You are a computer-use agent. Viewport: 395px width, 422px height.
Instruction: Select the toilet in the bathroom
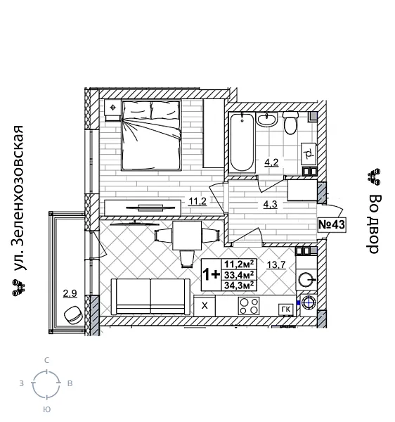(290, 124)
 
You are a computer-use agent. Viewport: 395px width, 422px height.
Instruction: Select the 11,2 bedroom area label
(197, 202)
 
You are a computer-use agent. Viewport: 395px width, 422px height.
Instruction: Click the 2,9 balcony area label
(69, 293)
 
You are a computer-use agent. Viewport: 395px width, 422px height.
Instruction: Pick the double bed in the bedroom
(151, 134)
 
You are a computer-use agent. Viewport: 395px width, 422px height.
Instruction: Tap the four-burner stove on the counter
(249, 305)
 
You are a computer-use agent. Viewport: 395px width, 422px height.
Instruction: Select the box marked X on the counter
(205, 306)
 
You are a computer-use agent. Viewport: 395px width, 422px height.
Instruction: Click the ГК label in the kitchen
(285, 307)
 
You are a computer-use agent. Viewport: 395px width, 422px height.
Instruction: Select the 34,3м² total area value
(240, 286)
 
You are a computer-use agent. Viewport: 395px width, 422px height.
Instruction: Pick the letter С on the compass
(46, 360)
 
